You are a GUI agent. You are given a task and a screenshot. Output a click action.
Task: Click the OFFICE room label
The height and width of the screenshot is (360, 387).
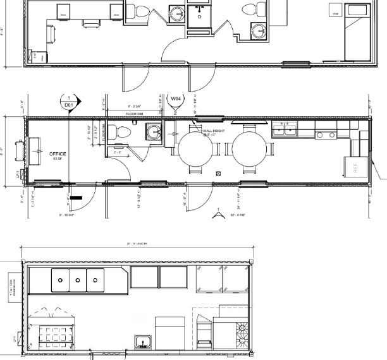click(58, 153)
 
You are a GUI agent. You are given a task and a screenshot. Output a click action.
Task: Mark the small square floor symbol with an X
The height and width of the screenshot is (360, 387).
click(218, 171)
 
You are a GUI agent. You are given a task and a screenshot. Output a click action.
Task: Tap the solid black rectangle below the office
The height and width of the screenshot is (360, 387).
click(77, 198)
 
